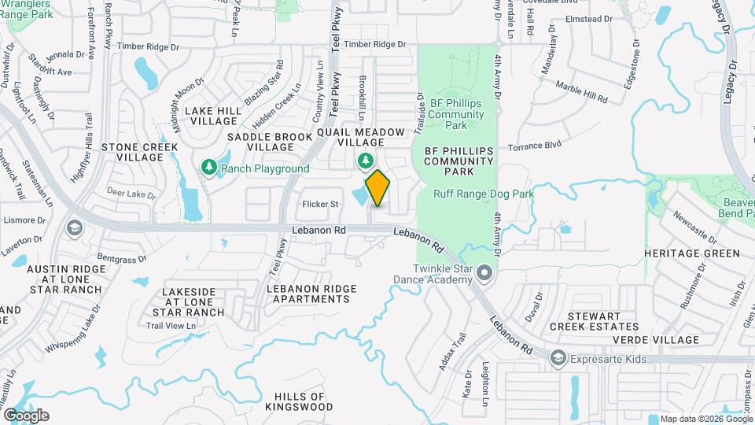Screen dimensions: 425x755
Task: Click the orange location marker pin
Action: (377, 188)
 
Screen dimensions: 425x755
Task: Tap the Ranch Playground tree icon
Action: (209, 168)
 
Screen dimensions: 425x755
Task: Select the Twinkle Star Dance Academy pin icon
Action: (484, 273)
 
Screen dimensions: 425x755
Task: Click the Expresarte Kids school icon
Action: (558, 358)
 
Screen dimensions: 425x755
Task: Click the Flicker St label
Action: (321, 205)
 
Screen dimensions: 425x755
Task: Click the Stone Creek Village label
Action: (140, 152)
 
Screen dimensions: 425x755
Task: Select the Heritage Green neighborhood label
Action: (692, 253)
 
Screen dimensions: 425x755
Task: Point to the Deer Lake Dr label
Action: (131, 194)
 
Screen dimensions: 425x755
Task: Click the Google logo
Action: (26, 415)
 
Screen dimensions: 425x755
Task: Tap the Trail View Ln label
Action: (171, 326)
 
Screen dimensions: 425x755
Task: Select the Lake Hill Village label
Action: (212, 116)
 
